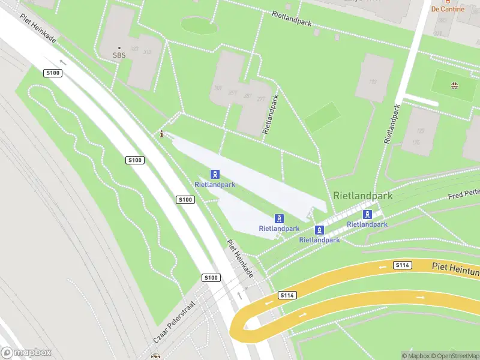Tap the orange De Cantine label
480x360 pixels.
[448, 8]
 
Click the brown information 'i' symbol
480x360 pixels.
[161, 134]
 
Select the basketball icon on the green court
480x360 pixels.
[454, 85]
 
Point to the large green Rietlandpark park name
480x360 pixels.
[362, 196]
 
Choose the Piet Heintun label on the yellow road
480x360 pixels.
[455, 266]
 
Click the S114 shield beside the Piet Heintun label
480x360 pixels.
[403, 265]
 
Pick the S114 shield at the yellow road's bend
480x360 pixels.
[287, 295]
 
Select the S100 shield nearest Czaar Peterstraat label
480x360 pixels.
[211, 277]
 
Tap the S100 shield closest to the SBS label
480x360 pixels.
[53, 73]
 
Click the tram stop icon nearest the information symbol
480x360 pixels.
[214, 174]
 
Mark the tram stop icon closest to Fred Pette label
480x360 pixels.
[367, 214]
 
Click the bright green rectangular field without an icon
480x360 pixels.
[322, 117]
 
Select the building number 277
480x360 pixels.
[260, 100]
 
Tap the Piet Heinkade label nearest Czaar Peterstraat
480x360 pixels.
[240, 259]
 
